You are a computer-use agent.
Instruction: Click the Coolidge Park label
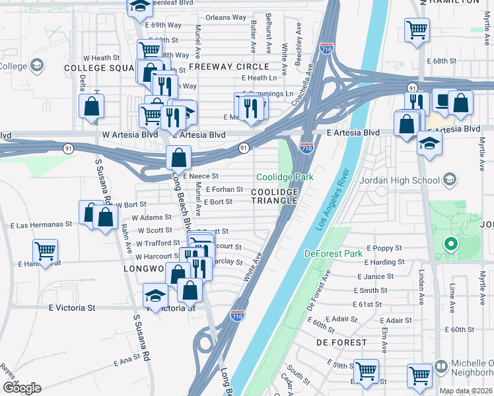pos(285,178)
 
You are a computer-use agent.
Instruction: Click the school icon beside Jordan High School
pos(450,180)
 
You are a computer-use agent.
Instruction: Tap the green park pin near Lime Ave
pos(450,246)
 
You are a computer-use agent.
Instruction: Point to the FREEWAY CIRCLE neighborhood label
pos(229,67)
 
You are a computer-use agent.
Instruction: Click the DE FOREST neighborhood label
pos(341,343)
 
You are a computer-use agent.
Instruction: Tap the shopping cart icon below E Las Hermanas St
pos(45,251)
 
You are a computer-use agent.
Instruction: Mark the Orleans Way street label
pos(225,17)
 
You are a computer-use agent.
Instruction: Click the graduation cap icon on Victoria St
pos(155,295)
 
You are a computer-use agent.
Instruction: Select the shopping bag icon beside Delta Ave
pos(91,106)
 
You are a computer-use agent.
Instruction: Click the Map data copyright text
pos(466,391)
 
